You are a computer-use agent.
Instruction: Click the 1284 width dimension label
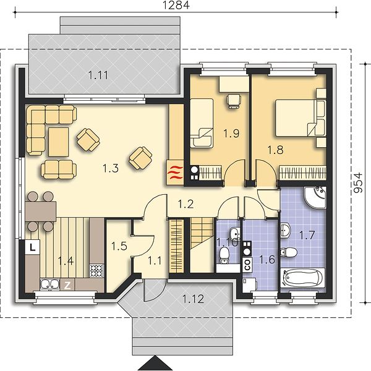coord(176,5)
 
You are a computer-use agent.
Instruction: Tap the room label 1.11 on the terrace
coord(98,75)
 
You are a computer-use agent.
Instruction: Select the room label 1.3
coord(111,168)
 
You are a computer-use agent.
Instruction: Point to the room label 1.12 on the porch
coord(193,299)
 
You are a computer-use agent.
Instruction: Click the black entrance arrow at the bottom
coord(155,363)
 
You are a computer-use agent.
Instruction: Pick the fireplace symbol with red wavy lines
coord(175,173)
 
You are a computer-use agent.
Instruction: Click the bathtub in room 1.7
coord(302,278)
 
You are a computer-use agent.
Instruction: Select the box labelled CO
coord(247,265)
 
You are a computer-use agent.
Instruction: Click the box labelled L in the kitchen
coord(32,247)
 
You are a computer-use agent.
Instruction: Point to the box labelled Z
coord(67,286)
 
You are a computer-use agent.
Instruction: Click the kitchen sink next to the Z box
coord(50,284)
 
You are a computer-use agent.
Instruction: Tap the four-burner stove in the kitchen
coord(96,271)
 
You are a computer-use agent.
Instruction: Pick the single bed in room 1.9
coord(202,123)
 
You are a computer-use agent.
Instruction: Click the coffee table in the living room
coord(59,142)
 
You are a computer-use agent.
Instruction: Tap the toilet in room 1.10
coord(224,255)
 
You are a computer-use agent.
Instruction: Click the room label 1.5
coord(119,246)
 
